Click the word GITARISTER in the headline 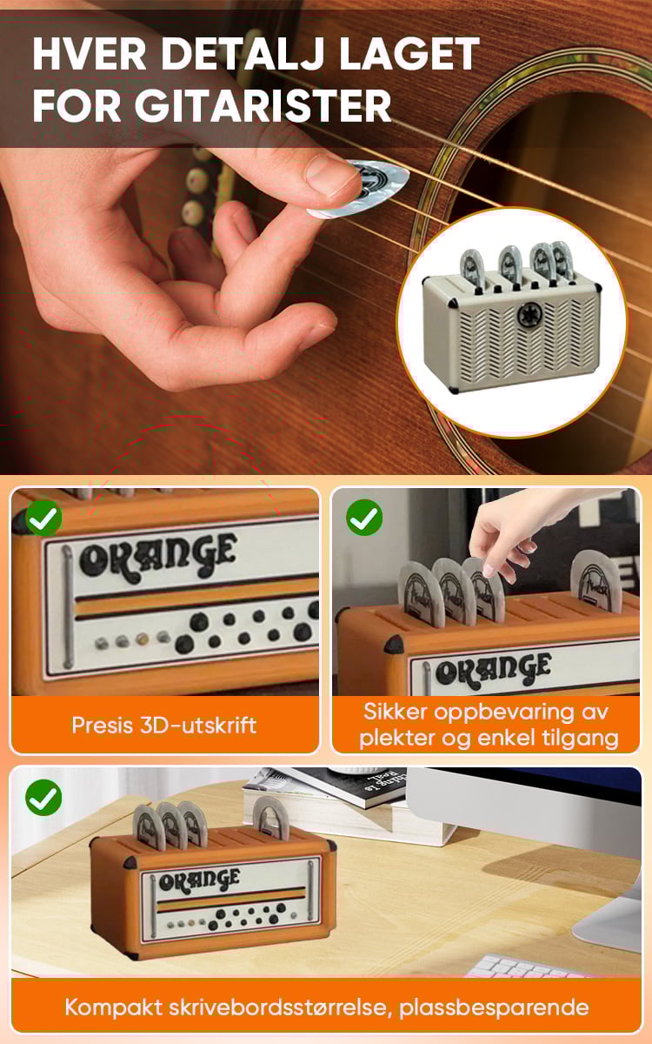263,106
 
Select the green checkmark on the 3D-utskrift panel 43,518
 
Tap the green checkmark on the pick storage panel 364,518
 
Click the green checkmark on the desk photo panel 43,798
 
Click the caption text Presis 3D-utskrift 164,726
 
